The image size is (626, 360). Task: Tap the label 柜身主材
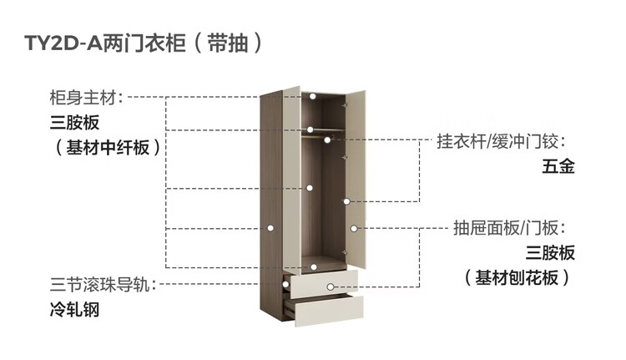point(85,97)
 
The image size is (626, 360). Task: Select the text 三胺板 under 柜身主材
point(74,123)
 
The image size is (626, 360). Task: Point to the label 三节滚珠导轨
point(98,285)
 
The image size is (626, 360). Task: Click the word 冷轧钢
point(74,310)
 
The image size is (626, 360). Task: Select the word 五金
point(558,166)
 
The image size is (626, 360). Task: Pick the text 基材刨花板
point(517,277)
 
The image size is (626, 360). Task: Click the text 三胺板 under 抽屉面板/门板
point(550,253)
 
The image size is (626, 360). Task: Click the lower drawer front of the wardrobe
point(326,309)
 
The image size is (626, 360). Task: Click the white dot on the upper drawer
point(331,286)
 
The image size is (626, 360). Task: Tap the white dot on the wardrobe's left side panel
point(270,227)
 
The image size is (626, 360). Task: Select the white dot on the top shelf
point(310,97)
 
